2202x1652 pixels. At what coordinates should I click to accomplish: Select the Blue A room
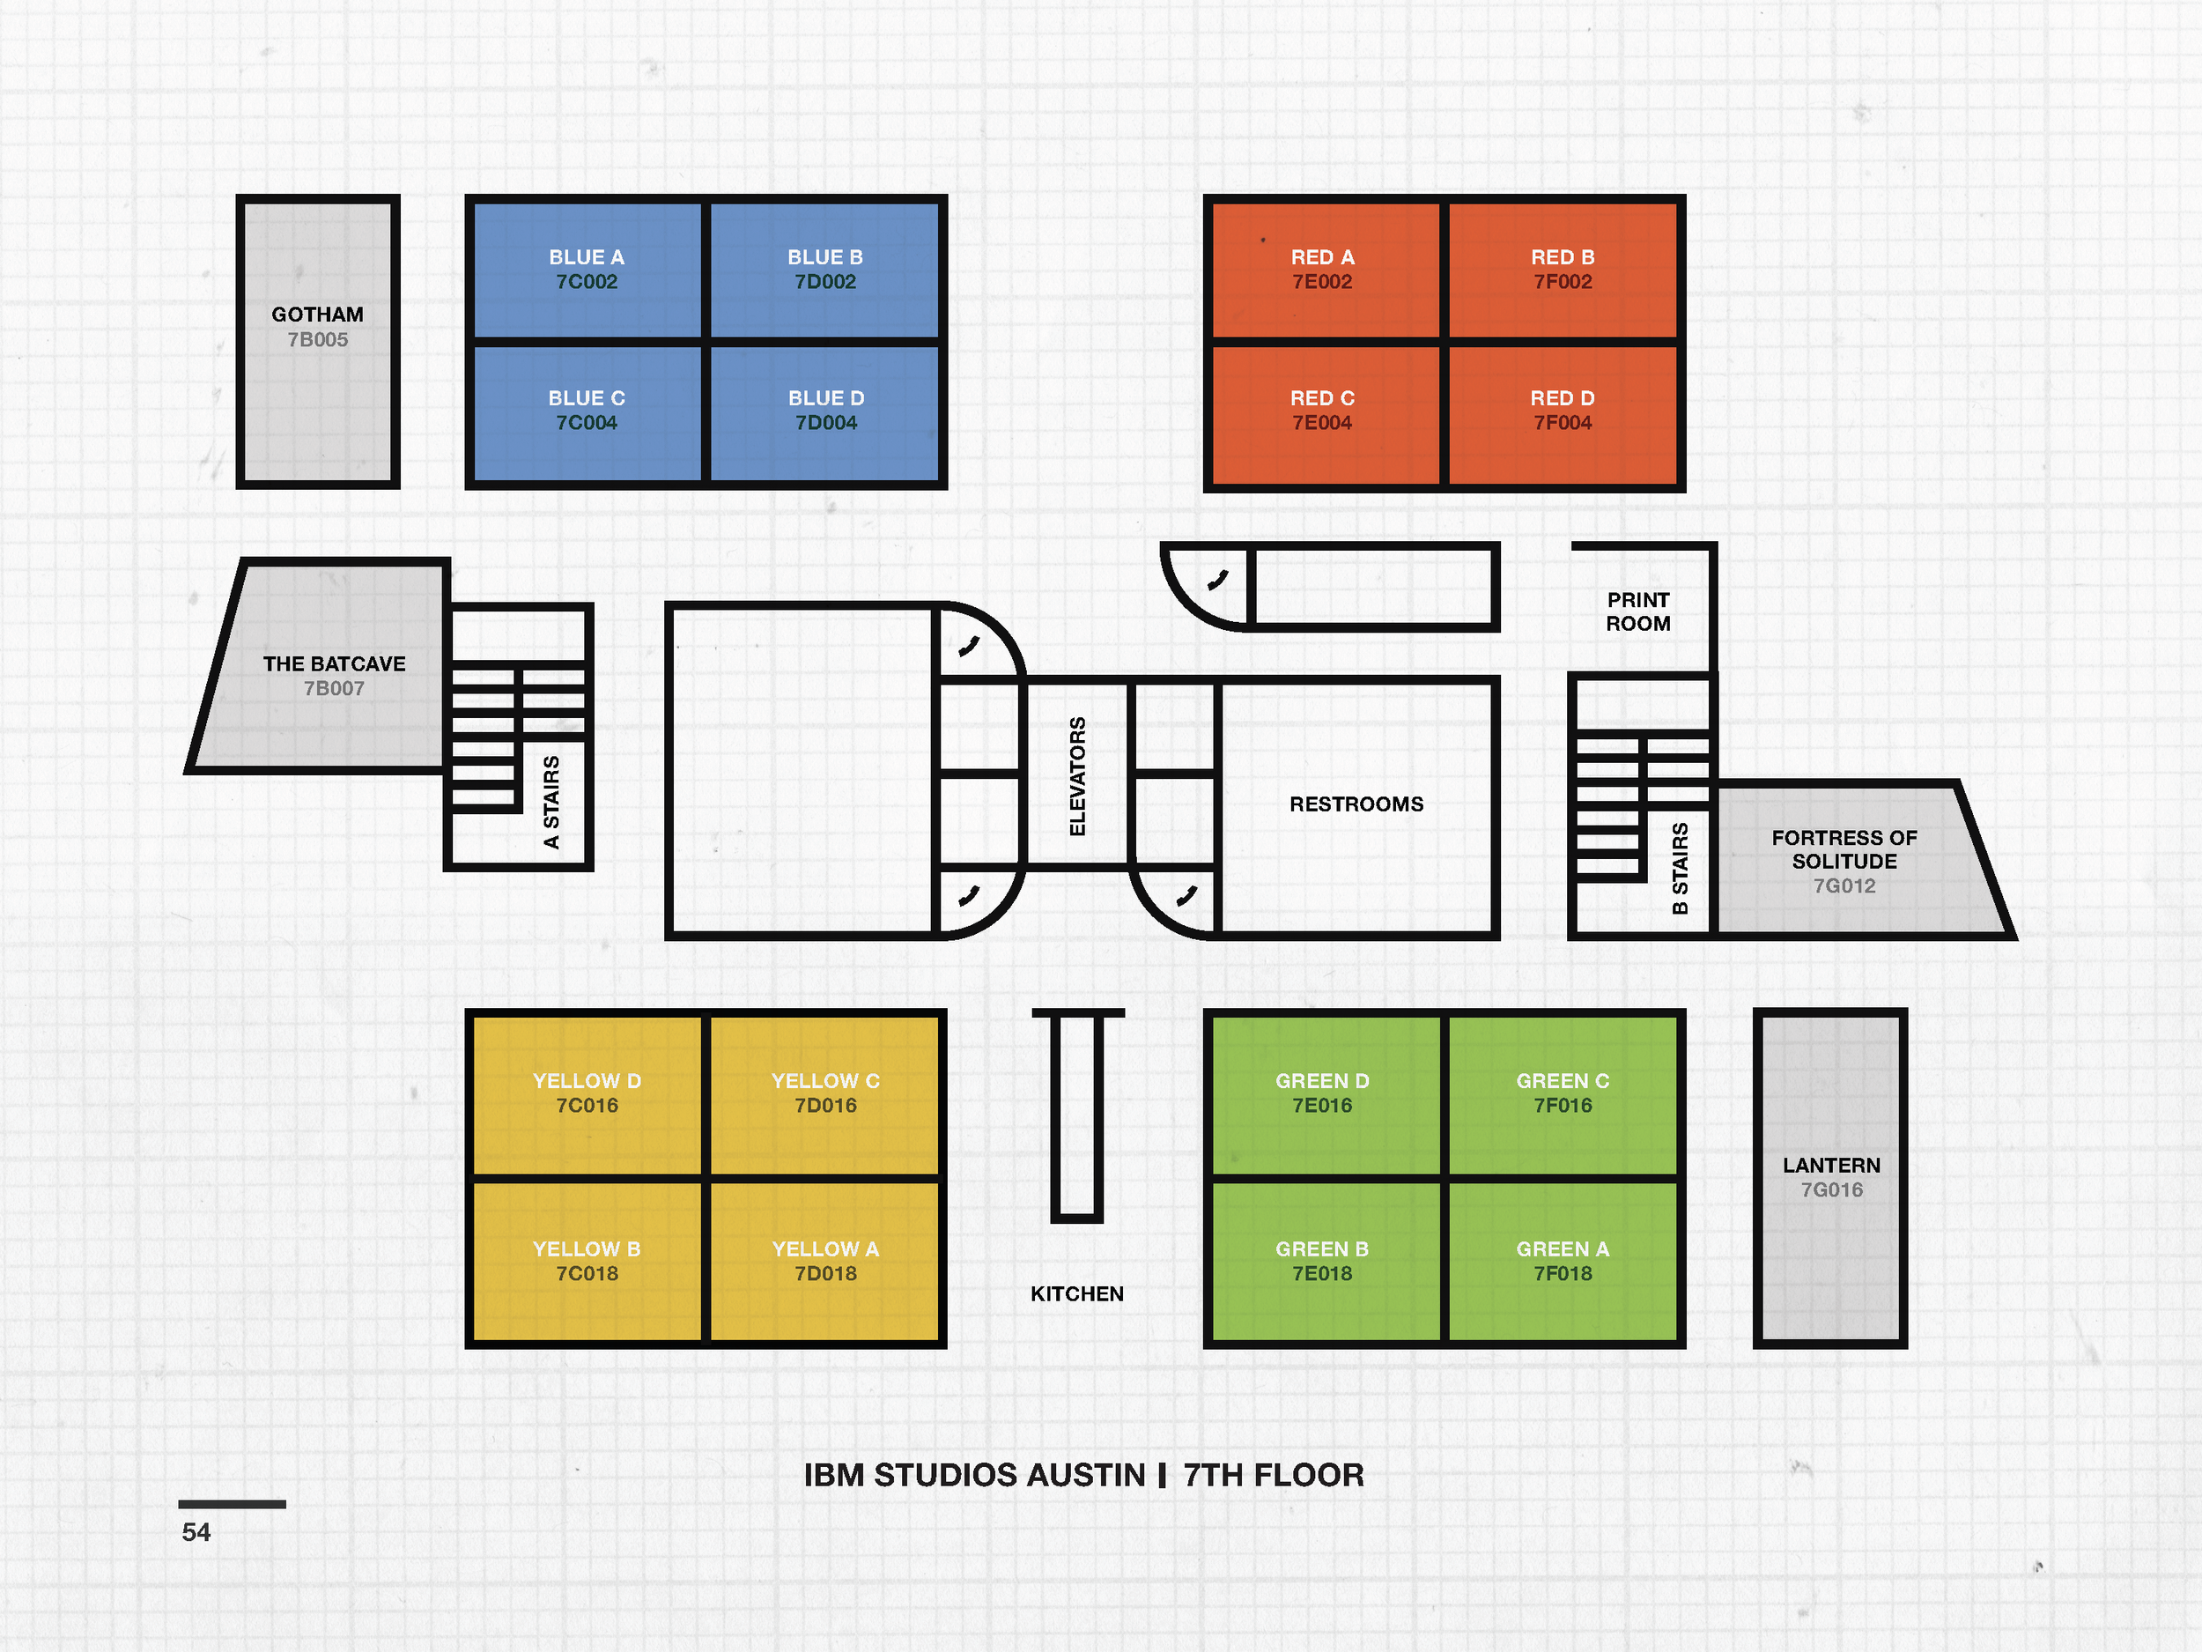point(587,269)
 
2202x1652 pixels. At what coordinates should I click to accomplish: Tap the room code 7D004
point(825,423)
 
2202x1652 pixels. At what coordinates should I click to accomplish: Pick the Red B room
point(1562,269)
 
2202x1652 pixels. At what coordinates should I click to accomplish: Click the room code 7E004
point(1322,423)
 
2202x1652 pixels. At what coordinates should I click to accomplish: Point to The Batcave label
point(334,664)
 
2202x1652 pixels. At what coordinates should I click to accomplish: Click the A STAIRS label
point(551,803)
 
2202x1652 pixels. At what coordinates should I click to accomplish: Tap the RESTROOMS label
point(1356,804)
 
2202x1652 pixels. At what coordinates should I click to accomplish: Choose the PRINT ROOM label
point(1637,611)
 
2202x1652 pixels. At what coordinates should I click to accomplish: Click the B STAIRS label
point(1681,869)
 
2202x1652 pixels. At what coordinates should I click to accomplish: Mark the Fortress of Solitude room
point(1844,860)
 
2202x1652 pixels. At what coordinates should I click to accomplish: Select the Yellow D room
point(587,1093)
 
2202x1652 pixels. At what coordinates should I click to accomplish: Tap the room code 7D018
point(825,1274)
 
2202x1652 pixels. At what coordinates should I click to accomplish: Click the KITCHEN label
point(1076,1293)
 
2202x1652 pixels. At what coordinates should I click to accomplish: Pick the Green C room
point(1562,1093)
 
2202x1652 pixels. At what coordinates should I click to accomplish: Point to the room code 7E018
point(1322,1274)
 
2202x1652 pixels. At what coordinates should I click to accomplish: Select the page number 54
point(196,1531)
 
